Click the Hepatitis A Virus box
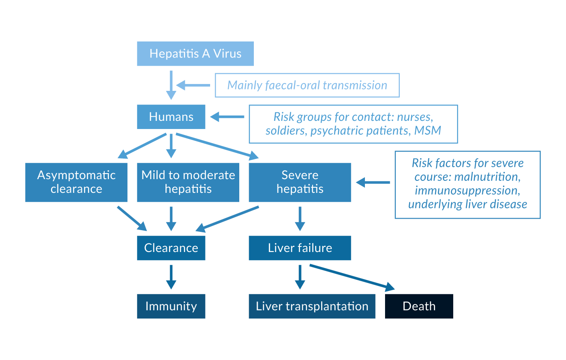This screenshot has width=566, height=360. (195, 54)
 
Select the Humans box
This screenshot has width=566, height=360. (171, 117)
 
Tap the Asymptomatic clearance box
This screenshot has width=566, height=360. (76, 182)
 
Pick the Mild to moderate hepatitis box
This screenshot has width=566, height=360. (188, 182)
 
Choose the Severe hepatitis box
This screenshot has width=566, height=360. (300, 182)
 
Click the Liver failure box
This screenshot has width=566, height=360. (300, 248)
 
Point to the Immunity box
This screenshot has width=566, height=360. (171, 306)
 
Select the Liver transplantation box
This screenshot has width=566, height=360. (312, 306)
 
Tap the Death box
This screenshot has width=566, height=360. (419, 306)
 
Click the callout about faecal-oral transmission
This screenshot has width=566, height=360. (307, 85)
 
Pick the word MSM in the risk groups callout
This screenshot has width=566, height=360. (428, 130)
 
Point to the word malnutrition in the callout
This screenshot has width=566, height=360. (488, 177)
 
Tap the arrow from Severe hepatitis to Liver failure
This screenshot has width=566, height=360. (300, 219)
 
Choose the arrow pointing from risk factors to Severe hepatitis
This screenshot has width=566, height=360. (372, 183)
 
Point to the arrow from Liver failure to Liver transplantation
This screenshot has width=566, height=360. (300, 277)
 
